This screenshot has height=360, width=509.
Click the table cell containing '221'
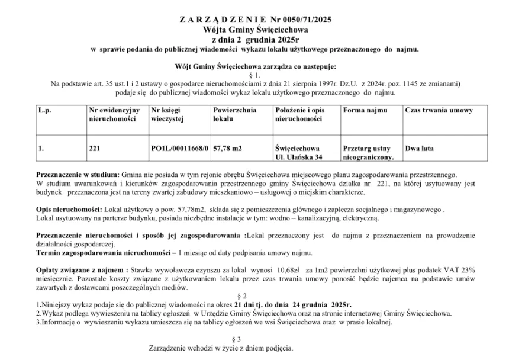pos(94,149)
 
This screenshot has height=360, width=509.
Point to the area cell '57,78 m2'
pos(227,149)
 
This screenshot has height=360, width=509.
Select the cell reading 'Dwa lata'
pos(420,149)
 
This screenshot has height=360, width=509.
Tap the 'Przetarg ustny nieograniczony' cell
pos(368,153)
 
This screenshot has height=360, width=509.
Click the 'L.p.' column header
pos(45,111)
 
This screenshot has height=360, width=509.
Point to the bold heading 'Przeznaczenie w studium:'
pos(77,176)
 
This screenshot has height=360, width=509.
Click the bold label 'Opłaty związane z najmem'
pos(80,269)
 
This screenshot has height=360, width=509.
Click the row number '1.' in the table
pos(41,149)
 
